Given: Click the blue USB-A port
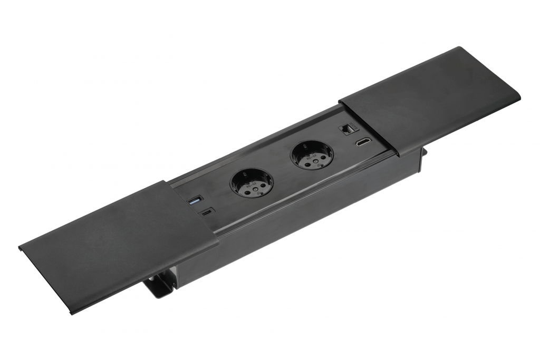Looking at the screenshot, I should point(194,200).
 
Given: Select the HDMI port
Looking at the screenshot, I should point(362,142).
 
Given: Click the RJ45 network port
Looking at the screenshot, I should point(349,129).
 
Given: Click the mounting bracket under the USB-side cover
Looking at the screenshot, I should point(158,285).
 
